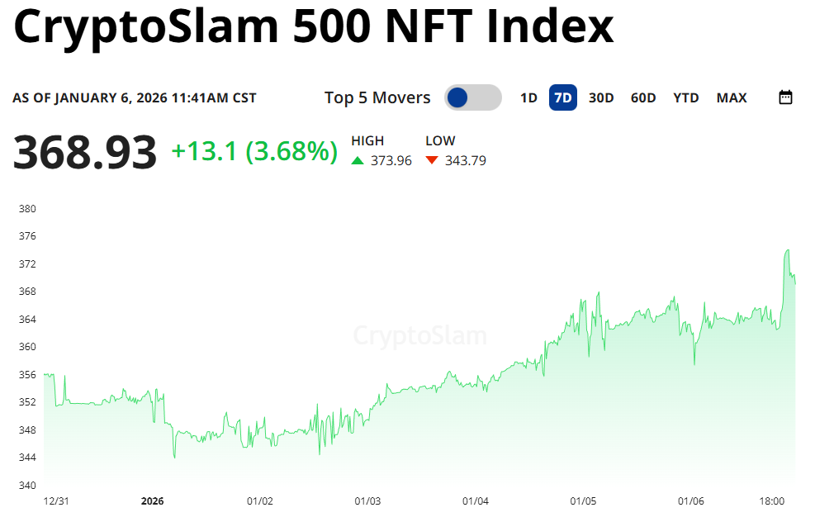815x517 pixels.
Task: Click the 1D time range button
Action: point(528,97)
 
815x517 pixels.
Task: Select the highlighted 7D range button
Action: point(563,97)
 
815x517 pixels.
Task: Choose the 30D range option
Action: point(601,97)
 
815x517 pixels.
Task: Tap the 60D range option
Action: point(643,97)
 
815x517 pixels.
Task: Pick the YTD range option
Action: point(686,97)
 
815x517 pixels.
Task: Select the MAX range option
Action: point(732,97)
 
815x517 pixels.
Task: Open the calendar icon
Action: point(786,97)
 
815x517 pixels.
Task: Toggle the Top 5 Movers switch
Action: point(472,97)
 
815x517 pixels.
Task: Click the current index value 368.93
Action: point(85,153)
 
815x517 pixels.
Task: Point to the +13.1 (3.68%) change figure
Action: point(254,151)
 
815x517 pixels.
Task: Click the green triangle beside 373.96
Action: point(358,161)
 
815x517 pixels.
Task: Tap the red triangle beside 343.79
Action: point(432,161)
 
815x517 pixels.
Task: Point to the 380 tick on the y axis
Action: point(27,209)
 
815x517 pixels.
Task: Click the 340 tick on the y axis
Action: point(27,485)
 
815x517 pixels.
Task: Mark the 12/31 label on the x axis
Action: point(54,501)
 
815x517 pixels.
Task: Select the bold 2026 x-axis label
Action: point(153,501)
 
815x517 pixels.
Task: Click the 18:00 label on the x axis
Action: point(772,501)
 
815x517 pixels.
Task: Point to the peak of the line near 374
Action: point(788,249)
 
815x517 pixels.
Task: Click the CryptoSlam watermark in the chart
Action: point(419,336)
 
